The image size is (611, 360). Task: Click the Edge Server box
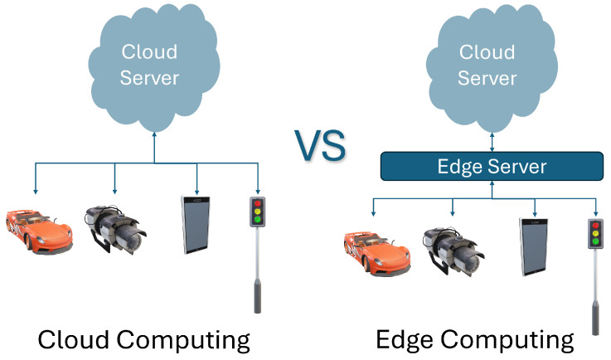click(x=492, y=167)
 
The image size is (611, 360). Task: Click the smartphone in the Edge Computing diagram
click(x=534, y=246)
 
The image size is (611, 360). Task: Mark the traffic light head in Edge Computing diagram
click(x=594, y=235)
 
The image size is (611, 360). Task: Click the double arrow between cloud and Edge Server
click(x=492, y=140)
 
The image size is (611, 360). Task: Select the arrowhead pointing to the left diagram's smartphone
click(x=196, y=190)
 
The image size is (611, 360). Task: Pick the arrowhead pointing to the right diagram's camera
click(x=453, y=216)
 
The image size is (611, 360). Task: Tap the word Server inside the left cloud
click(x=150, y=79)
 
